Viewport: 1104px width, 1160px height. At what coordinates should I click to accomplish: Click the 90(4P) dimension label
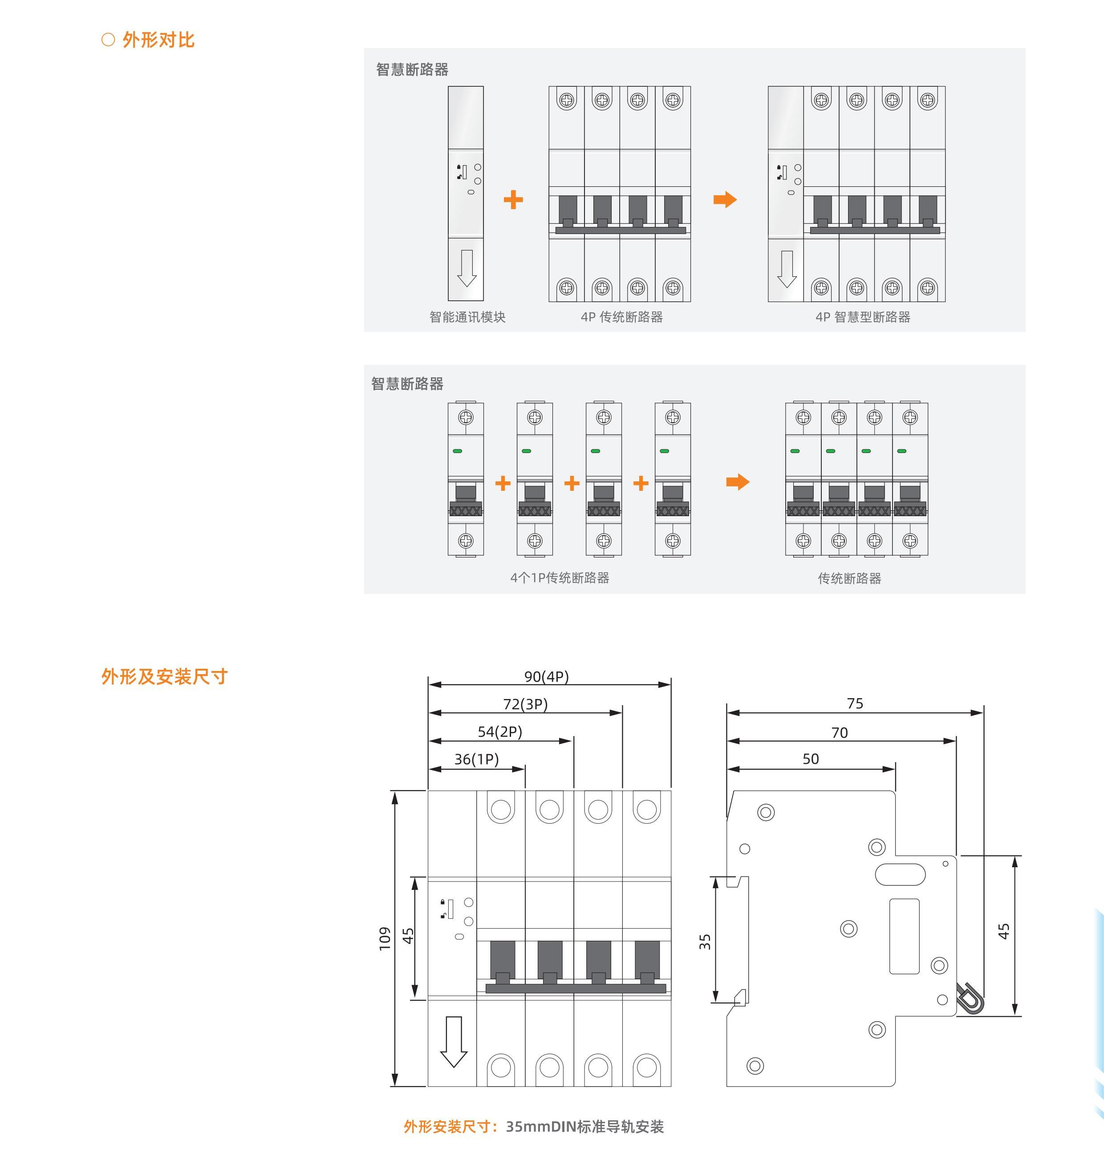pyautogui.click(x=546, y=676)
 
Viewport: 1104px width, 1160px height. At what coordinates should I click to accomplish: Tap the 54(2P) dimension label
pyautogui.click(x=499, y=732)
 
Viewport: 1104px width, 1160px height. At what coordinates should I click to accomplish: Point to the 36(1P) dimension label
pyautogui.click(x=476, y=760)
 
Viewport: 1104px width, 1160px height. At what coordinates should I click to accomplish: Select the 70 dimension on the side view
pyautogui.click(x=839, y=733)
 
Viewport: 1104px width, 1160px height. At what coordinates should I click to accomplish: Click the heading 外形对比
pyautogui.click(x=158, y=40)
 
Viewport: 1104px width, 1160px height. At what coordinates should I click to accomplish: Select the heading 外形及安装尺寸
pyautogui.click(x=164, y=676)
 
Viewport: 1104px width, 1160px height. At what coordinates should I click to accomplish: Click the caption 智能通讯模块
pyautogui.click(x=467, y=317)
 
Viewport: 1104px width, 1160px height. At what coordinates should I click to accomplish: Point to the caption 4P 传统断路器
pyautogui.click(x=621, y=317)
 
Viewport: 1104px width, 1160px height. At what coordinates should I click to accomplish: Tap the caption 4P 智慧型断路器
pyautogui.click(x=863, y=317)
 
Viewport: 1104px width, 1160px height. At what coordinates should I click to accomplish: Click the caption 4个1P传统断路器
pyautogui.click(x=560, y=578)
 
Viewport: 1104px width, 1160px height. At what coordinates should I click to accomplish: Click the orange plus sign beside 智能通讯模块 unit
pyautogui.click(x=513, y=199)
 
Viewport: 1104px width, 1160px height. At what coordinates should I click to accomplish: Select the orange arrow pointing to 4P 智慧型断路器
pyautogui.click(x=725, y=199)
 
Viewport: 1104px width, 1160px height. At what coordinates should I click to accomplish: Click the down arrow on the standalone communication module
pyautogui.click(x=467, y=268)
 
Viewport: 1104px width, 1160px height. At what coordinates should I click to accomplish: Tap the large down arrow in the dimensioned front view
pyautogui.click(x=454, y=1041)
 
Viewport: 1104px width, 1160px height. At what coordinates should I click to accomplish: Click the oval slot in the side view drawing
pyautogui.click(x=900, y=874)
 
